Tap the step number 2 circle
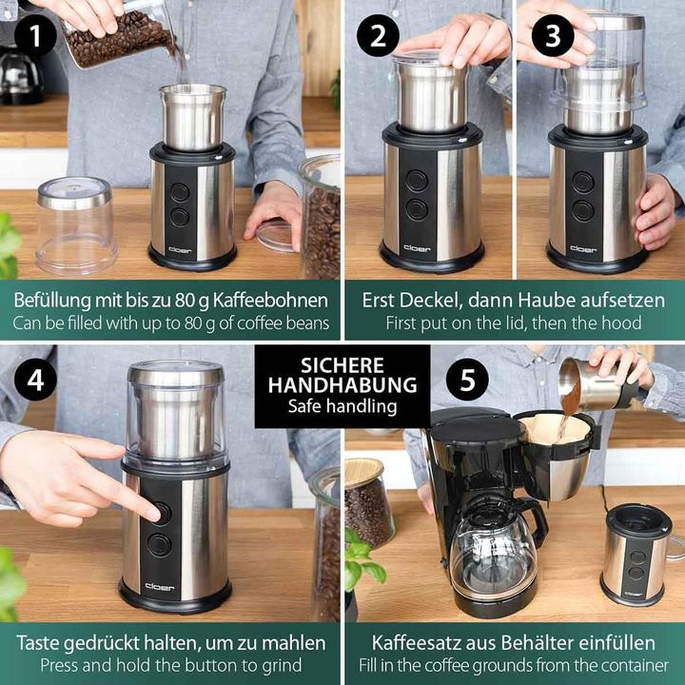378,37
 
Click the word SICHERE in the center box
342,365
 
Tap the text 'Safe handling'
342,406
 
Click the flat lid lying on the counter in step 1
273,234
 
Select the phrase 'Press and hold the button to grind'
170,665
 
